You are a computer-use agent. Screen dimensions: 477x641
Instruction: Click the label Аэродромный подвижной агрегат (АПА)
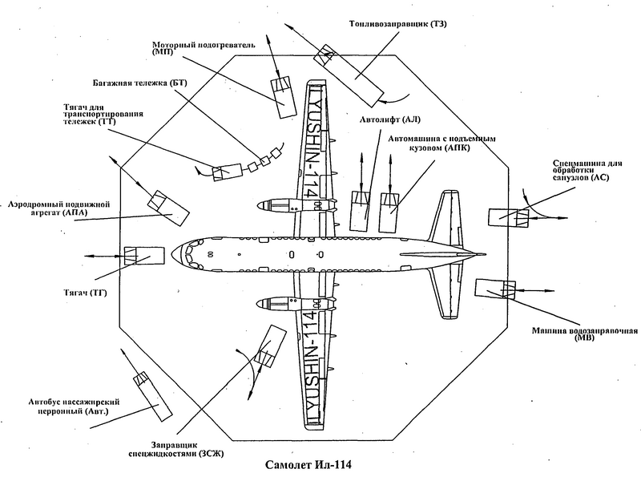click(55, 208)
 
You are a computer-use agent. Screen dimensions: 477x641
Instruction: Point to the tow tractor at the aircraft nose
click(143, 256)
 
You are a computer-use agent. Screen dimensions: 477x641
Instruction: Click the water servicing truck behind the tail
click(495, 291)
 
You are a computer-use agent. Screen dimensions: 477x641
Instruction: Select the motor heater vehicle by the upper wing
click(282, 95)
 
